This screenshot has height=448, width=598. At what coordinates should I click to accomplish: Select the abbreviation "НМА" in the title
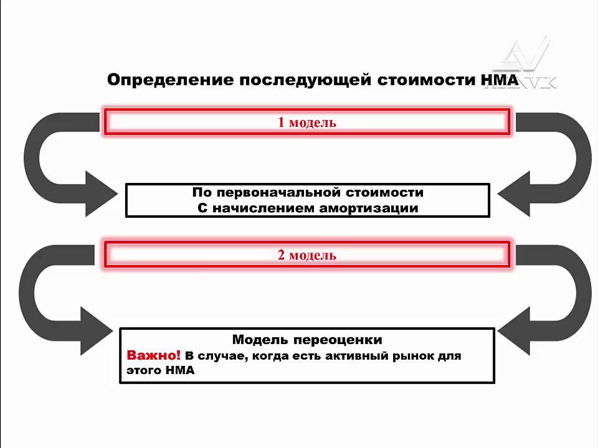[x=498, y=80]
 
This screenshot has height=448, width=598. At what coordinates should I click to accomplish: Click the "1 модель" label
[x=307, y=122]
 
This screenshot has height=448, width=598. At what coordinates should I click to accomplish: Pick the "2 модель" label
[x=307, y=255]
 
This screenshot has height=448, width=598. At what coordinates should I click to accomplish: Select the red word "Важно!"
[x=154, y=356]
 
